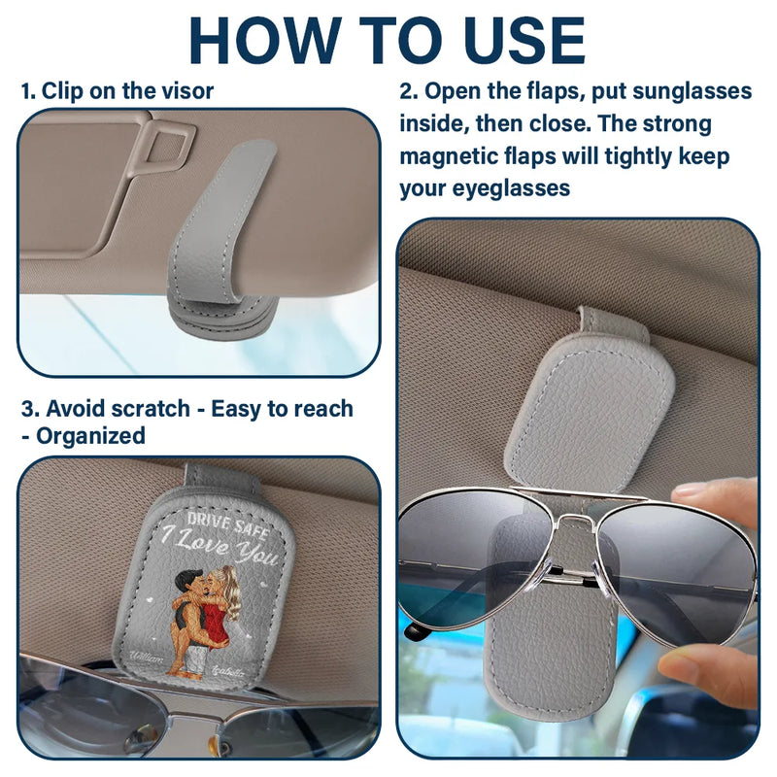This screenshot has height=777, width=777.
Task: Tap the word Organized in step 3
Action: [x=91, y=436]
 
